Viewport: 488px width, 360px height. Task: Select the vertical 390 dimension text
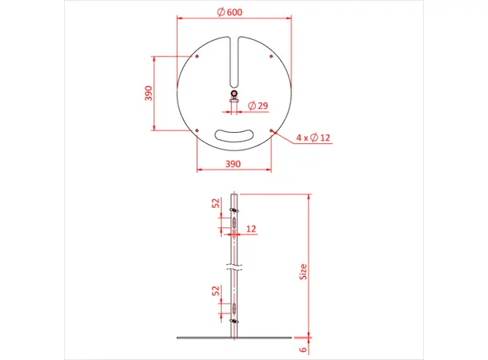(147, 93)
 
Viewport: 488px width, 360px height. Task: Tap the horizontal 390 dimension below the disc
(232, 163)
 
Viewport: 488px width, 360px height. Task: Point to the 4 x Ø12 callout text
(313, 138)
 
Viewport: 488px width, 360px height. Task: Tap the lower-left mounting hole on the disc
(196, 130)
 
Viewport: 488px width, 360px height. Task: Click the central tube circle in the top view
(234, 94)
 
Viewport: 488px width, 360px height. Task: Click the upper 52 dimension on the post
(217, 204)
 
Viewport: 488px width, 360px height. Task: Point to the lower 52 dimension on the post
(217, 291)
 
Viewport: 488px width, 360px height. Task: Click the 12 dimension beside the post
(252, 229)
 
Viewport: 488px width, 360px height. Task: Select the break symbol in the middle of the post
(233, 265)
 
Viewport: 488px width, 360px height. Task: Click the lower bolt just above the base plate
(234, 321)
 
